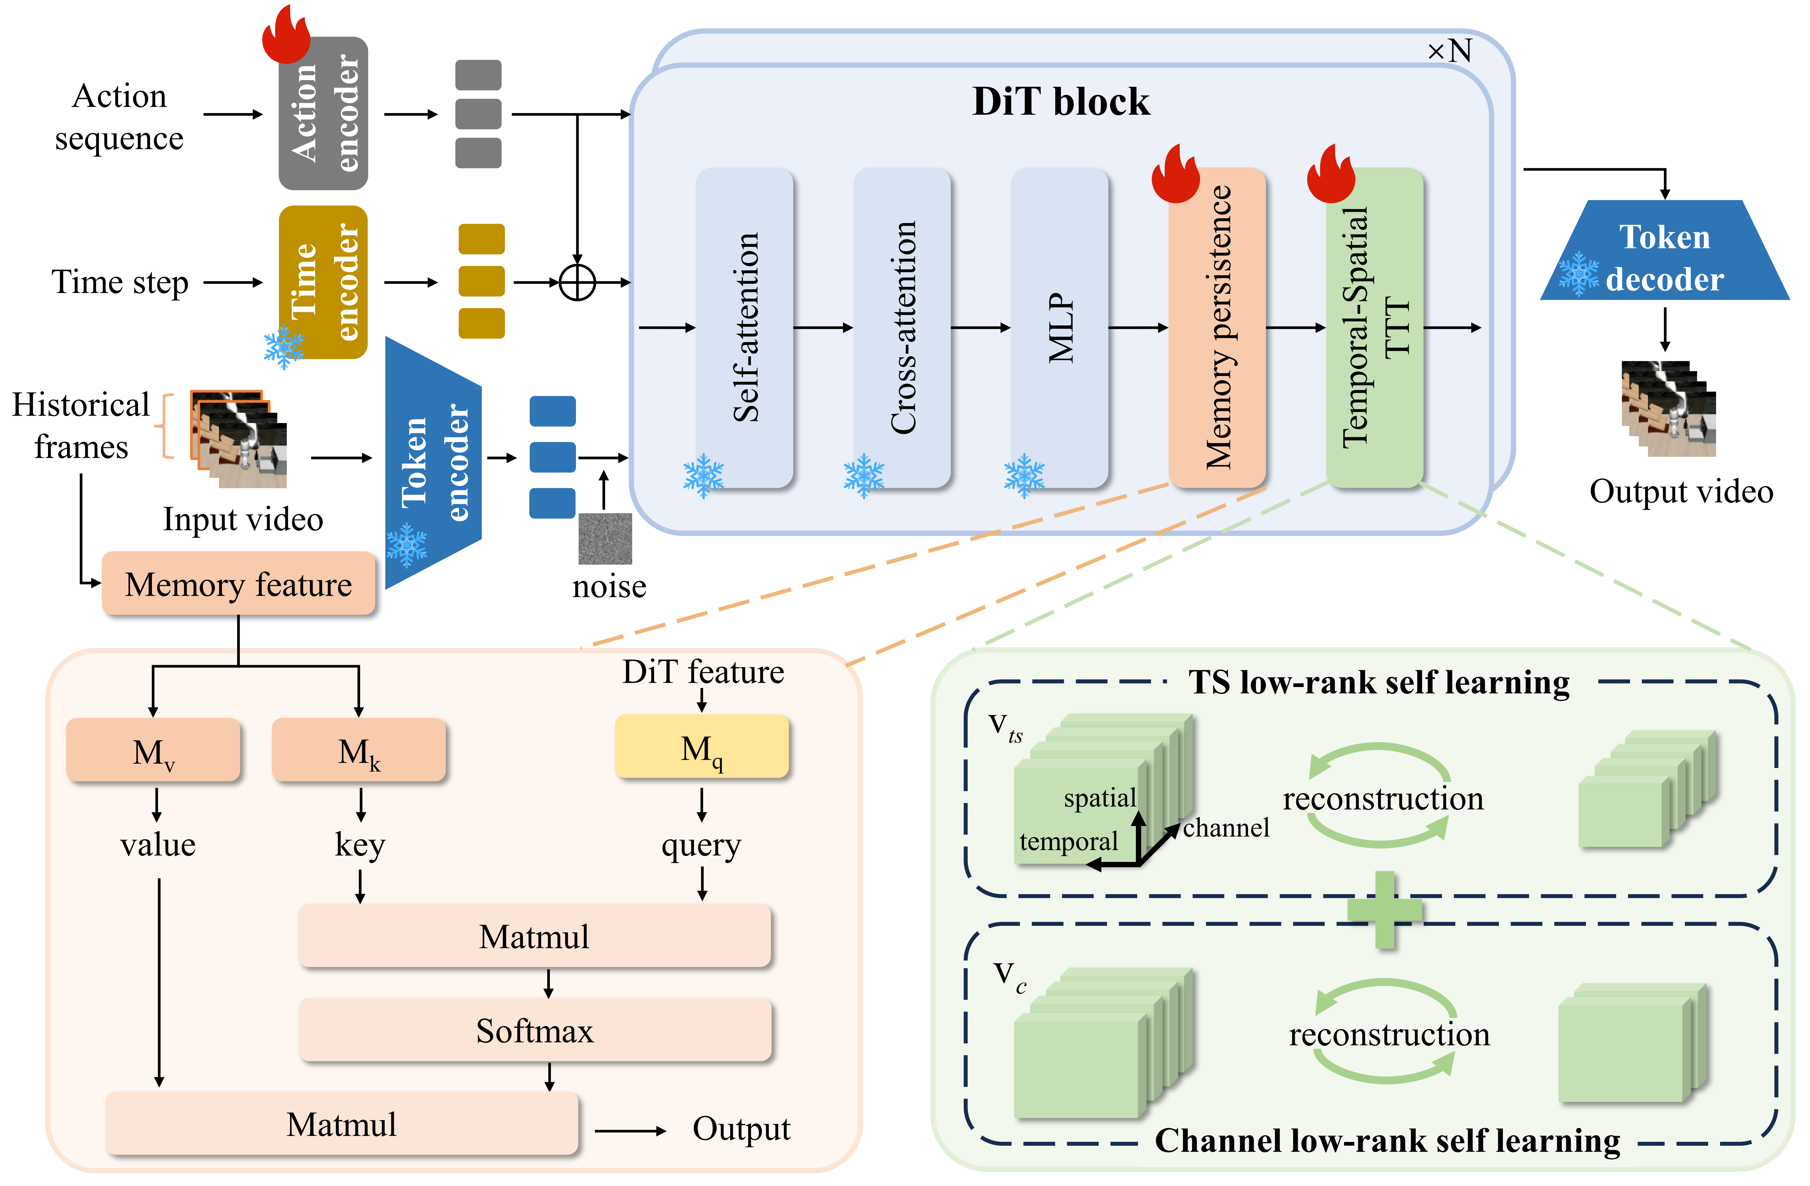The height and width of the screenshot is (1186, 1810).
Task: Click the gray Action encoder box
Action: point(323,114)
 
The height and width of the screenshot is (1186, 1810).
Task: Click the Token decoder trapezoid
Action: point(1664,251)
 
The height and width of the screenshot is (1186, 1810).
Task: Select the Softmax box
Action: point(535,1031)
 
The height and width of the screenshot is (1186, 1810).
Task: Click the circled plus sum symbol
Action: point(577,283)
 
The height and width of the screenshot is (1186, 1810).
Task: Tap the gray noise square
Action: point(605,538)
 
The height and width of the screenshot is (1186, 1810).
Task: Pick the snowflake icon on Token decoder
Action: point(1579,274)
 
